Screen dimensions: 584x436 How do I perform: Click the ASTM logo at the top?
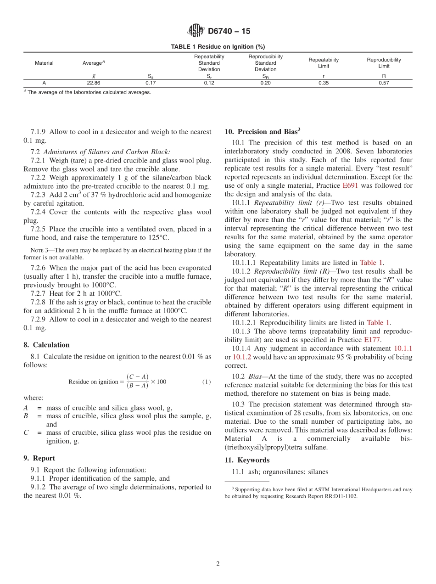tap(196, 31)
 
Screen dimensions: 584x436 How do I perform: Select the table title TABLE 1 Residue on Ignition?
tap(218, 47)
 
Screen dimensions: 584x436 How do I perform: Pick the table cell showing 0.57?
tap(384, 83)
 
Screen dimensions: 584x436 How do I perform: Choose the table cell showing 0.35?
tap(324, 83)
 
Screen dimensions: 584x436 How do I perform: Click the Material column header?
tap(44, 63)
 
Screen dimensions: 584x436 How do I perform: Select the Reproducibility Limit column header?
tap(384, 63)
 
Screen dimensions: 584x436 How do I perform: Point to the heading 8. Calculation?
tap(47, 345)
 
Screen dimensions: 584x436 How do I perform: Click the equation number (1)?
tap(207, 382)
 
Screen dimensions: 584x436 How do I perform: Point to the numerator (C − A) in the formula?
tap(137, 377)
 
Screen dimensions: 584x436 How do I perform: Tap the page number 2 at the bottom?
tap(218, 564)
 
